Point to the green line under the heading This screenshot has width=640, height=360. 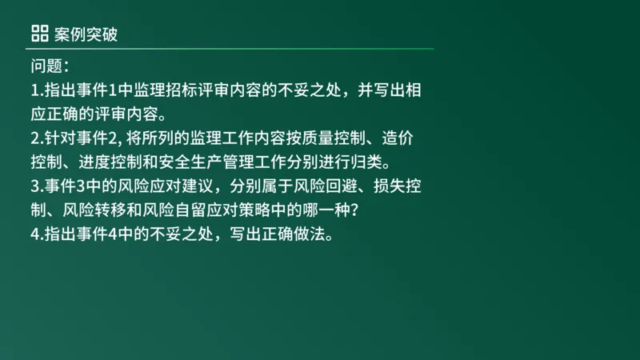[232, 49]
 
